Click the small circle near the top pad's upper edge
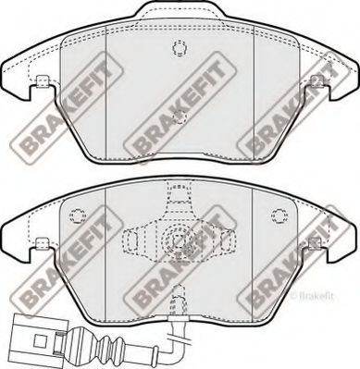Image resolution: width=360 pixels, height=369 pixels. [x=180, y=48]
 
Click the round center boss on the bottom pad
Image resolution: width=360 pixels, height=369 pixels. [x=180, y=243]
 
